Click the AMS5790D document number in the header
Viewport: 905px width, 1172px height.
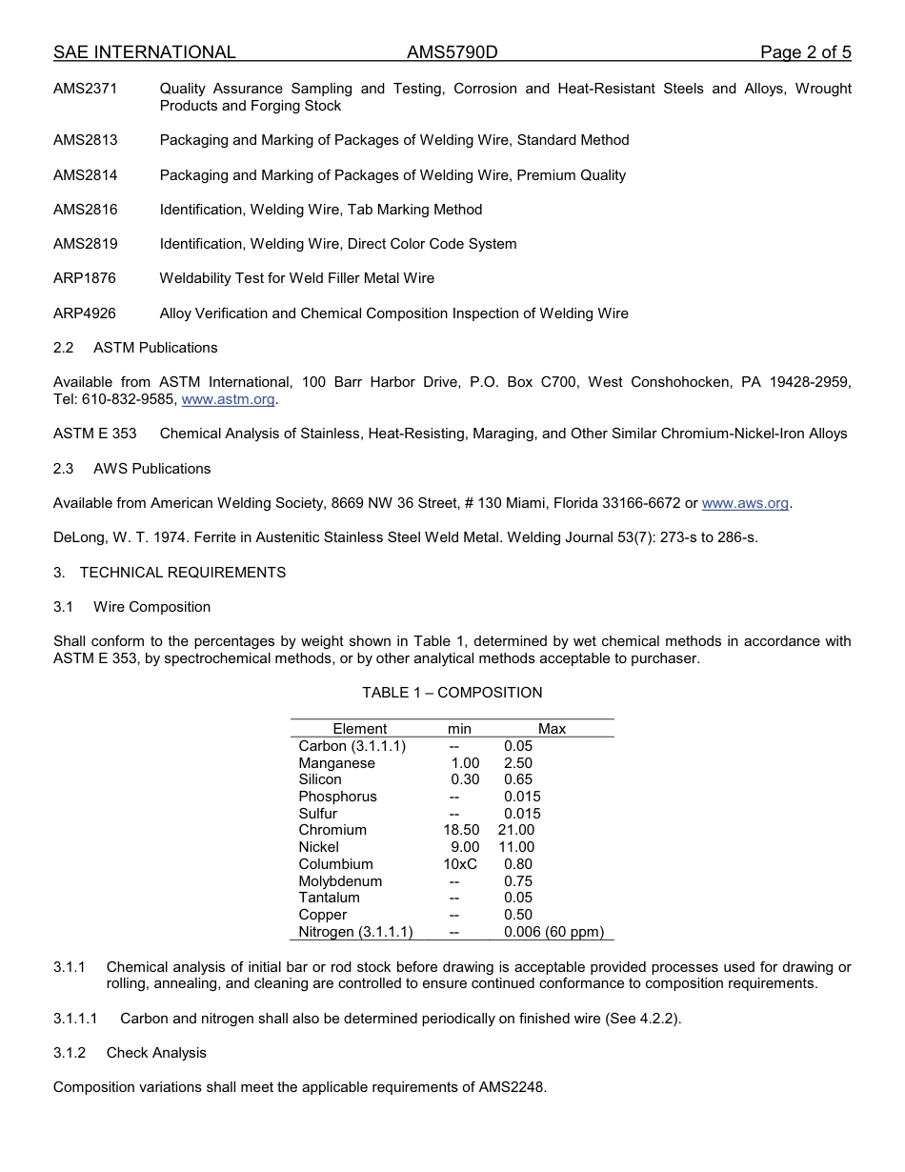pos(452,52)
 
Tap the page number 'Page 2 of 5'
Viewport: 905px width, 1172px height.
pos(805,52)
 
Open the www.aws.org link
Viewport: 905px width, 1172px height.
pos(745,503)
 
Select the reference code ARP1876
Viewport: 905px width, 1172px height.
pos(85,278)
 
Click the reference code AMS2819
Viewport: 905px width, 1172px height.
pos(85,244)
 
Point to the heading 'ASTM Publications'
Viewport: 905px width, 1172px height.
pos(155,348)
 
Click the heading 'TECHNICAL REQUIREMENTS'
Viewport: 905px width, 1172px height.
pos(182,573)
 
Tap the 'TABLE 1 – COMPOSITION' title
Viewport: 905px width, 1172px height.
pos(452,693)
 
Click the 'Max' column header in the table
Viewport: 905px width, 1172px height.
pos(552,729)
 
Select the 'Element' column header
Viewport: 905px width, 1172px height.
pos(359,729)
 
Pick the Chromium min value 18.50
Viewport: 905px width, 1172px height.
pos(461,830)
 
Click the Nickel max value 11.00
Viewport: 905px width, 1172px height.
pos(516,847)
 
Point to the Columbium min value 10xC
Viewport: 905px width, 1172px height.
pos(460,864)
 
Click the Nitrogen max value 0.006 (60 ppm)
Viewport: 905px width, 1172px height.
pos(553,932)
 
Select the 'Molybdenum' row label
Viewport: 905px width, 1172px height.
pos(340,881)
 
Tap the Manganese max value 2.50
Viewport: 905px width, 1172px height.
pos(517,763)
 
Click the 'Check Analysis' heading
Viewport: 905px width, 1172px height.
pos(156,1053)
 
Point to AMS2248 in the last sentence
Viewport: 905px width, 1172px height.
pos(512,1087)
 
